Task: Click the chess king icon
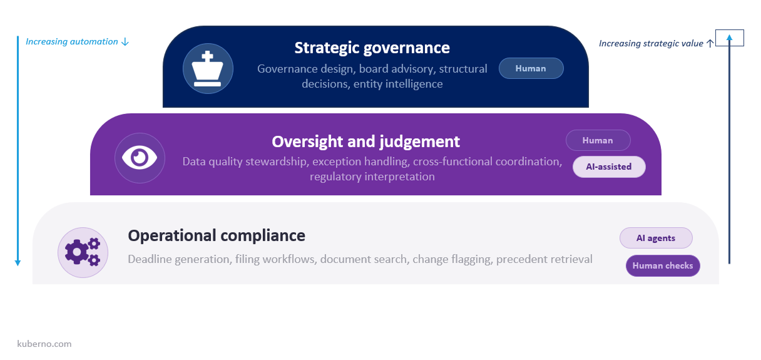coord(208,69)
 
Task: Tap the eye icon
coord(140,158)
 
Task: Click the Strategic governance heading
coord(372,48)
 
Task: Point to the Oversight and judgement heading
coord(365,141)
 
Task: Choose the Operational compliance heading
coord(217,235)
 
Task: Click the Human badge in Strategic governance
coord(531,68)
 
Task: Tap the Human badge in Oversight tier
coord(598,140)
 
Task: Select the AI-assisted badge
coord(609,167)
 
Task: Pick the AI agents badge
coord(656,238)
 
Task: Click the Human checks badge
coord(663,265)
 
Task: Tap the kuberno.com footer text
coord(44,344)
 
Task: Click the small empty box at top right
coord(730,38)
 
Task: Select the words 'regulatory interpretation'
coord(372,177)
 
